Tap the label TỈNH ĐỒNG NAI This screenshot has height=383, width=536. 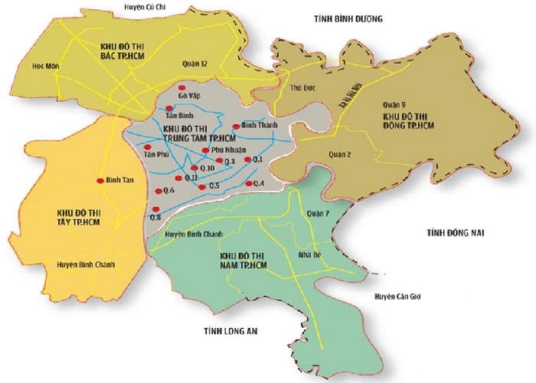coord(453,231)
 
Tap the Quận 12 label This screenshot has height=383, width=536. coord(195,64)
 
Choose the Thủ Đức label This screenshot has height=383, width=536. coord(303,88)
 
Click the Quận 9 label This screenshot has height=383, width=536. coord(395,105)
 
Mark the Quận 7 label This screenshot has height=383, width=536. coord(316,214)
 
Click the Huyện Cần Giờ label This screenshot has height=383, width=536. coord(397,296)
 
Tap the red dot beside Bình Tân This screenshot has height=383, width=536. coord(100,181)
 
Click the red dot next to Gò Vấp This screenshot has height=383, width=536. coord(182,90)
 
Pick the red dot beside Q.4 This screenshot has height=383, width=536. coord(248,184)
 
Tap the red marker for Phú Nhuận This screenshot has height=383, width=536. coord(205,150)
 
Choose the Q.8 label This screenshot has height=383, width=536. coord(155,218)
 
